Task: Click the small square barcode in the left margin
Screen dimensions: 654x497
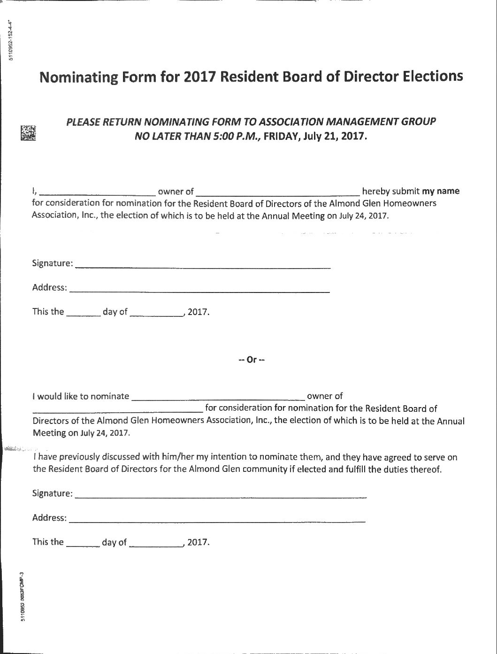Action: [28, 133]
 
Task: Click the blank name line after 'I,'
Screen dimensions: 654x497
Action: [99, 192]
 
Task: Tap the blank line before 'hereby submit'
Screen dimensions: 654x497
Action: [278, 192]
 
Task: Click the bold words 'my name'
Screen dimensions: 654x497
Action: [441, 191]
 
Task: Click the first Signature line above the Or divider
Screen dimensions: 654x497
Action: [203, 266]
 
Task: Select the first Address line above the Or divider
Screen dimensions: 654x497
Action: [199, 290]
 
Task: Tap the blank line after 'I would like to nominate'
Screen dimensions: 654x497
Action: [218, 398]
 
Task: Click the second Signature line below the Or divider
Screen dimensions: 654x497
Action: [221, 496]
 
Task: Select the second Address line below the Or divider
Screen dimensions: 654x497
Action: [217, 520]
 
